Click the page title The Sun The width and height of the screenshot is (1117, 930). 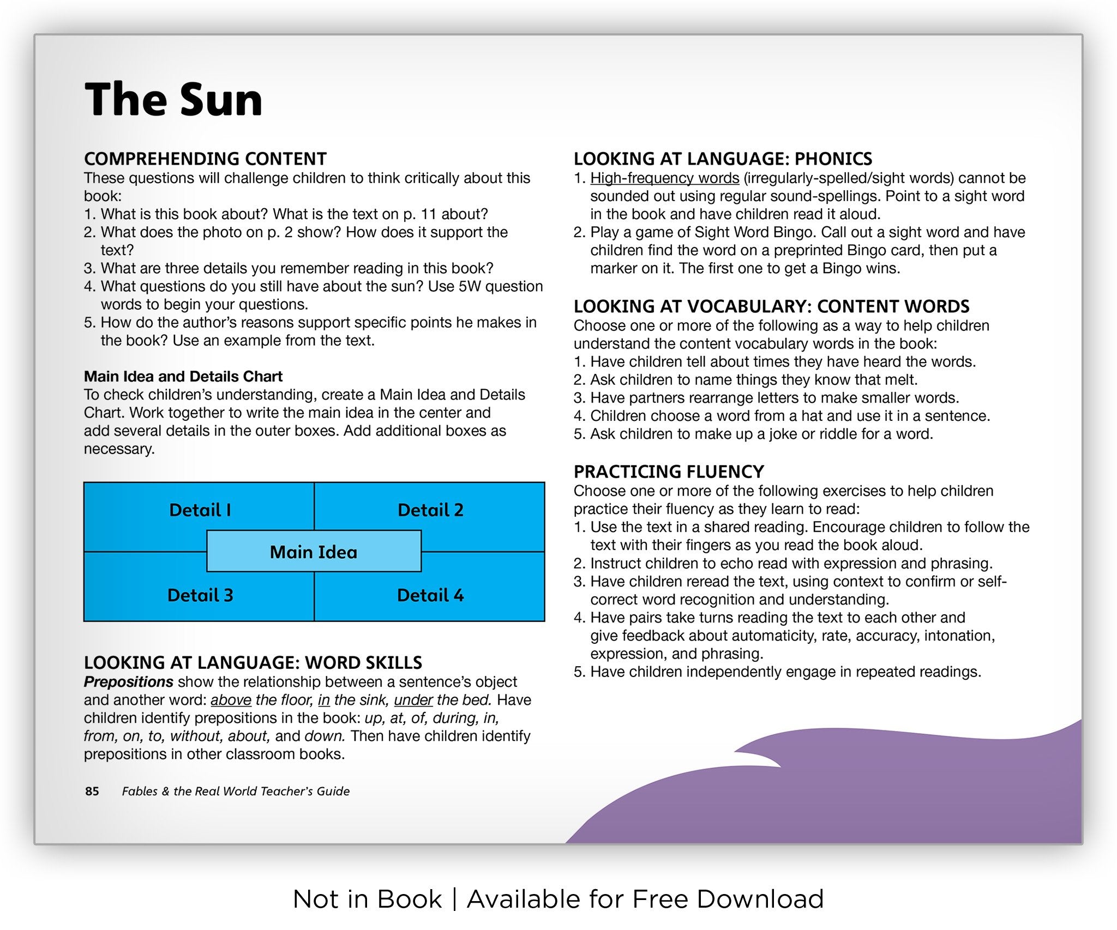click(173, 100)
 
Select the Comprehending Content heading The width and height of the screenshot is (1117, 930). click(205, 159)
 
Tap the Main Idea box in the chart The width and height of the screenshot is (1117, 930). click(314, 552)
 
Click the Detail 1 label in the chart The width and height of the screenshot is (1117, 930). click(200, 510)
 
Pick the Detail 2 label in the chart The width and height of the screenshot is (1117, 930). click(430, 510)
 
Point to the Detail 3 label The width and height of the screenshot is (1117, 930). click(200, 595)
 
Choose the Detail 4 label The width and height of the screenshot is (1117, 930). click(430, 595)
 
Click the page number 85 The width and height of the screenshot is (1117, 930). click(92, 791)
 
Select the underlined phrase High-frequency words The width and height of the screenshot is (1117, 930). click(664, 178)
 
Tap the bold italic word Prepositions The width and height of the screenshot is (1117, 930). click(128, 682)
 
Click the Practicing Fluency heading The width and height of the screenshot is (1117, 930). click(668, 472)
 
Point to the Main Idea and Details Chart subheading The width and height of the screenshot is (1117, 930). click(183, 376)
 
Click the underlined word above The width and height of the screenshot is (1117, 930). click(231, 700)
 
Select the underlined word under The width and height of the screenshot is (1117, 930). click(413, 700)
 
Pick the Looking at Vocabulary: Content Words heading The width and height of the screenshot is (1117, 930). click(771, 306)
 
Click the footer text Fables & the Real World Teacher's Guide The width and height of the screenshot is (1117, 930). click(236, 791)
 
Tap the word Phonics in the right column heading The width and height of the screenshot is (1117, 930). click(833, 159)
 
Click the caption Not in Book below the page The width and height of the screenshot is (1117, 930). click(367, 899)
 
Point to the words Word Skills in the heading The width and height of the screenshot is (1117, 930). click(363, 662)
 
